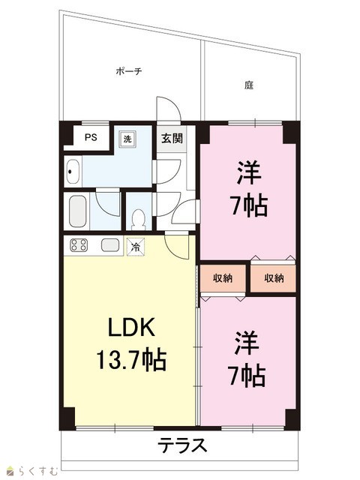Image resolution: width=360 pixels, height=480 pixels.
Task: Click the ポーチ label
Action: pos(129,71)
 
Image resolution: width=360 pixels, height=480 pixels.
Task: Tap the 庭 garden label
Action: pos(249,85)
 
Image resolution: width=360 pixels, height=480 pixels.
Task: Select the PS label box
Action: pos(91,137)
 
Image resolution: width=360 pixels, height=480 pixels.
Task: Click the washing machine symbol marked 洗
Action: pos(127,139)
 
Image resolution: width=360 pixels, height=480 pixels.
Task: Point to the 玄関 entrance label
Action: pos(172,138)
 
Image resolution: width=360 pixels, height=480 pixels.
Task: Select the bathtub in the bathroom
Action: pos(77,211)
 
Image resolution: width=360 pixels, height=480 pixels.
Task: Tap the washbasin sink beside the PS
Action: pos(73,172)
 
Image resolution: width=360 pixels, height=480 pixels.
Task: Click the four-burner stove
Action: pos(79,245)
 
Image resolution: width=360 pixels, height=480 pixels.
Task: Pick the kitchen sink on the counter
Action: pos(110,245)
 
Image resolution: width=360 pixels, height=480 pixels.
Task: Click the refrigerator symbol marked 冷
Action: pos(135,247)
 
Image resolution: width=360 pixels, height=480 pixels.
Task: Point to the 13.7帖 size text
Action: pos(131,359)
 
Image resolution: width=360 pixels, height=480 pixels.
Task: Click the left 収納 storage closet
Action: pos(223,278)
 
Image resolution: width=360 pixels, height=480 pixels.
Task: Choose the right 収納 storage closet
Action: pos(273,278)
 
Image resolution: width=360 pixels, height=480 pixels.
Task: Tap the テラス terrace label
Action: pos(182,445)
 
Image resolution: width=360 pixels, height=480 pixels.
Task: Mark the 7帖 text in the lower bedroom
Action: pos(247,375)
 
